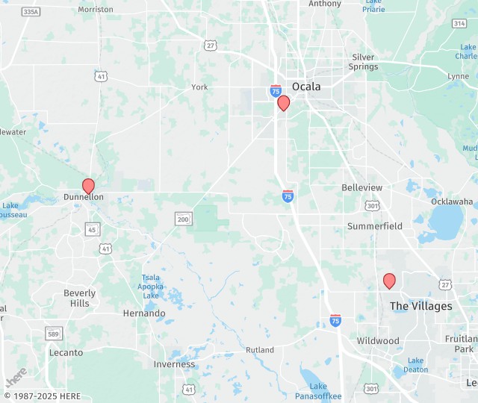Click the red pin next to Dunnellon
[88, 186]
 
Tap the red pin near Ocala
[283, 103]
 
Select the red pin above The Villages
[389, 281]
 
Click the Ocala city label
[306, 87]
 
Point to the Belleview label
[361, 187]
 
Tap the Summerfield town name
[375, 226]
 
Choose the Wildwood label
[379, 341]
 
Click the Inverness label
[174, 364]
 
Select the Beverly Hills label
[80, 299]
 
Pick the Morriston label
[96, 10]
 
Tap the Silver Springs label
[364, 62]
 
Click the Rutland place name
[260, 350]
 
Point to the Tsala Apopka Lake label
[150, 287]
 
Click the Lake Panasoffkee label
[318, 391]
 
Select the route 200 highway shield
[184, 219]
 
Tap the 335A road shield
[31, 12]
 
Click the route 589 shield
[53, 333]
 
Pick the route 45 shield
[92, 229]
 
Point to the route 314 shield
[459, 23]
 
